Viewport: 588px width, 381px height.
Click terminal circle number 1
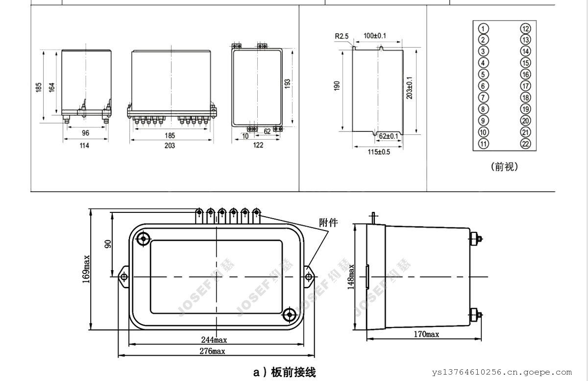pos(483,28)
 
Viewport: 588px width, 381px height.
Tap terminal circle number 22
pos(525,144)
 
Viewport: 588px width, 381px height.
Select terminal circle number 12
pos(525,28)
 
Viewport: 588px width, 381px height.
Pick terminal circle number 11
pos(483,144)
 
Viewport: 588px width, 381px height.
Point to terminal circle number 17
pos(525,86)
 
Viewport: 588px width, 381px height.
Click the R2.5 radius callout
pos(342,36)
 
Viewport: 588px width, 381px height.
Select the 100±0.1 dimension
pos(375,36)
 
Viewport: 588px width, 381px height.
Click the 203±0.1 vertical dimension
pos(410,88)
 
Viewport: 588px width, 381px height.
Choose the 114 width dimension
pos(85,145)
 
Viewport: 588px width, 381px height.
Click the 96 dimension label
pos(85,133)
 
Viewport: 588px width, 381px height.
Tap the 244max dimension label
pos(214,339)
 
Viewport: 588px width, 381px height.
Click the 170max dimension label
pos(425,334)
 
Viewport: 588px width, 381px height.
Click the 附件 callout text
pos(328,223)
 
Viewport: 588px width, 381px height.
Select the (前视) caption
pos(504,167)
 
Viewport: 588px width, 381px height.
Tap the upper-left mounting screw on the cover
pos(144,239)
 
